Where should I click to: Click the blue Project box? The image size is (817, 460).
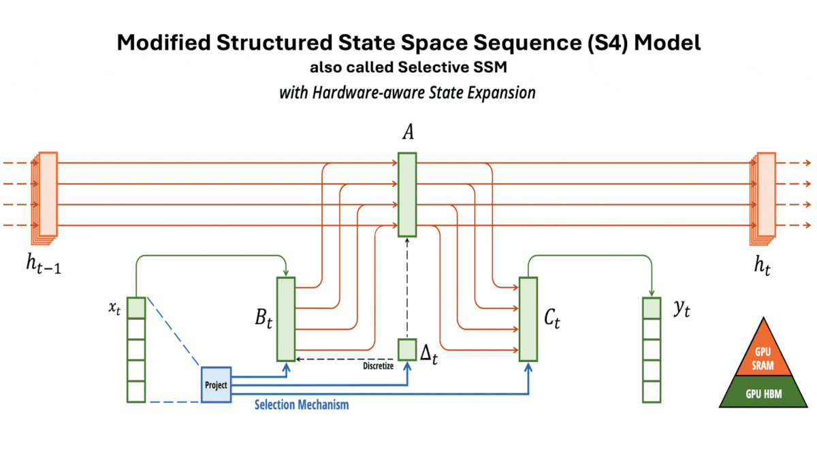[217, 384]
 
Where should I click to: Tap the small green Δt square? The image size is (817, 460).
[407, 348]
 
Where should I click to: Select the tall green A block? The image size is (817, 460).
[407, 195]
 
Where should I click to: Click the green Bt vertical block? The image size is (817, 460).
[285, 318]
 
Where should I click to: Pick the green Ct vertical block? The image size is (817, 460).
[528, 318]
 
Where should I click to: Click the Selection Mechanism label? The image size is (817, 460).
[302, 405]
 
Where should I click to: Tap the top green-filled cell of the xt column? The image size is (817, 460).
[136, 308]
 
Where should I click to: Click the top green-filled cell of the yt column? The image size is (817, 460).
[652, 308]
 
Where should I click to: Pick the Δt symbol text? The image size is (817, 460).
[429, 354]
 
